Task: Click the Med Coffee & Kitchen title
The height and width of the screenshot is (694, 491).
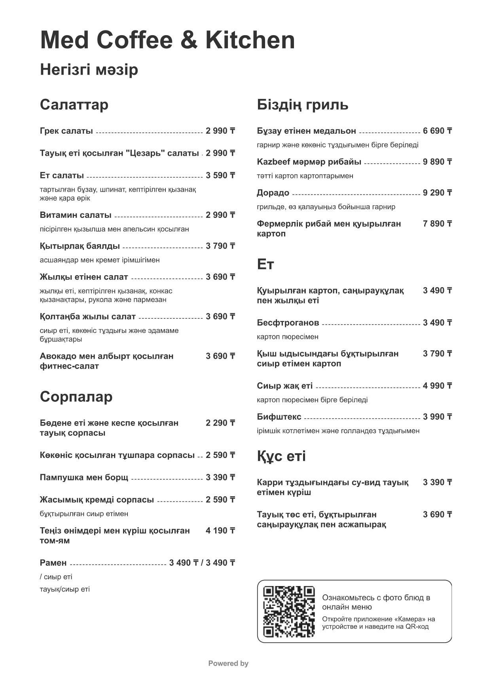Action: tap(167, 40)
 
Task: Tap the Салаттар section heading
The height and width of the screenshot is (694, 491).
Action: tap(74, 105)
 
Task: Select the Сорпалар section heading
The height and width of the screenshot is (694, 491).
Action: tap(76, 397)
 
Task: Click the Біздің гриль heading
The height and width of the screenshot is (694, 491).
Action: tap(302, 105)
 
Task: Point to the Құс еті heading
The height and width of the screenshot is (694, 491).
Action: tap(281, 456)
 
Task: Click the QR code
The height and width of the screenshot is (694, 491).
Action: tap(289, 612)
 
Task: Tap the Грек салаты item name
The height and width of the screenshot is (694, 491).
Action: tap(66, 131)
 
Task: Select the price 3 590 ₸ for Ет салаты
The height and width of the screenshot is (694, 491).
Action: tap(220, 176)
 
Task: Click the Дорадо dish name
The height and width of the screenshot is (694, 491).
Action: tap(273, 193)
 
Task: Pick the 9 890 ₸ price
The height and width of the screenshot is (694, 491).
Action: tap(437, 162)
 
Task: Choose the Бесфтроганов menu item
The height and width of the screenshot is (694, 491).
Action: tap(288, 323)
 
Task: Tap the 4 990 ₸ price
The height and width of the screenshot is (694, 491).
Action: tap(437, 386)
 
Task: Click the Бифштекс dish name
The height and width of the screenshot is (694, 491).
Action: tap(279, 417)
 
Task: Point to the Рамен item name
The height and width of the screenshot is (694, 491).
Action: tap(53, 563)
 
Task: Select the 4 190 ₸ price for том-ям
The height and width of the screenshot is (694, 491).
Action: tap(220, 531)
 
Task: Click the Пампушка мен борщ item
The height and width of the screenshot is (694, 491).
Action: tap(84, 478)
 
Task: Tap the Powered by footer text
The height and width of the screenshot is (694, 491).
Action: tap(228, 664)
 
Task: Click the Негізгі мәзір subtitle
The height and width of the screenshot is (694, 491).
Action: tap(89, 70)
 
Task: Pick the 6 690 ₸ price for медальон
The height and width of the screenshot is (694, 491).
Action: tap(437, 131)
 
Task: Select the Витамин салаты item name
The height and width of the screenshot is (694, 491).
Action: tap(76, 215)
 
